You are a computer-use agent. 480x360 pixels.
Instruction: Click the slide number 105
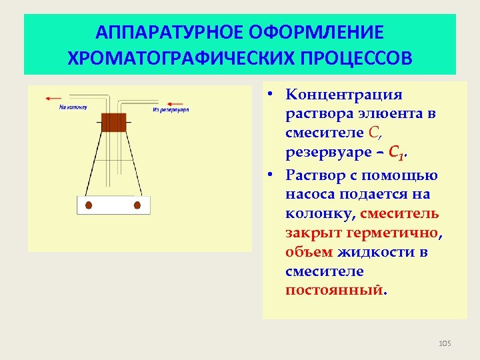[x=445, y=343]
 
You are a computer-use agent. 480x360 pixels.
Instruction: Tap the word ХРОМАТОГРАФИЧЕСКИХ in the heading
[x=171, y=57]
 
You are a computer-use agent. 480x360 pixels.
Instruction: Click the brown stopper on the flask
[x=113, y=122]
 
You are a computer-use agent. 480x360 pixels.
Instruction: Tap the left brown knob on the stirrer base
[x=89, y=205]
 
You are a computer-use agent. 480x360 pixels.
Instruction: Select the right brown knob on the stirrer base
[x=137, y=205]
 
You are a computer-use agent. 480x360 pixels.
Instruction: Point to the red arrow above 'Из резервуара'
[x=175, y=103]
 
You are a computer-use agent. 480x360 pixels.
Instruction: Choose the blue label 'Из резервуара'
[x=171, y=109]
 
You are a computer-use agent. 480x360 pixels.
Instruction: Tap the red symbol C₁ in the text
[x=396, y=155]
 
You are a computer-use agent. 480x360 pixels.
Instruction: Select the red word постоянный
[x=335, y=291]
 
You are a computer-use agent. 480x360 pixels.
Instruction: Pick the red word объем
[x=309, y=252]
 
